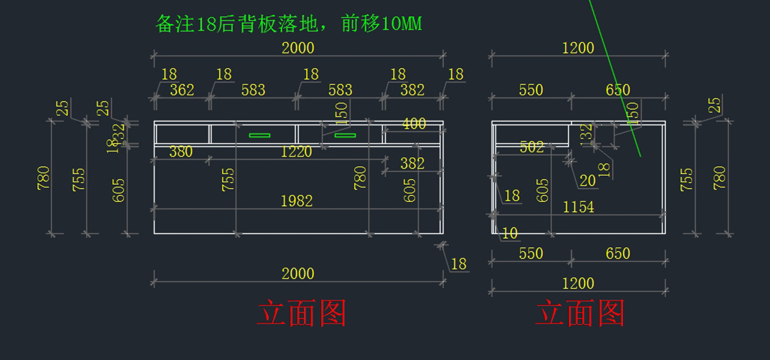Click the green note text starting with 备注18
tap(289, 24)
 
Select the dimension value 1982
tap(296, 201)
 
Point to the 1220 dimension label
tap(296, 151)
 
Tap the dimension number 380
tap(180, 151)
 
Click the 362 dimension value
tap(182, 90)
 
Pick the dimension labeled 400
tap(413, 124)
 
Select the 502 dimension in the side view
tap(532, 147)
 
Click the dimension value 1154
tap(578, 207)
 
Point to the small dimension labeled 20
tap(588, 181)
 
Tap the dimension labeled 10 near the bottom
tap(509, 234)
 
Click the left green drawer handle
tap(260, 135)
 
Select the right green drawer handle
tap(345, 135)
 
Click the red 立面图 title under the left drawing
tap(301, 314)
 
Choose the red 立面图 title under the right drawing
tap(579, 314)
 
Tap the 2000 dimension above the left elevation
tap(298, 47)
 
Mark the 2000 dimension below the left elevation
tap(298, 273)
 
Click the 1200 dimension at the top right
tap(578, 47)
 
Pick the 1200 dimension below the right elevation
tap(578, 283)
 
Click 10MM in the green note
tap(401, 24)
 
